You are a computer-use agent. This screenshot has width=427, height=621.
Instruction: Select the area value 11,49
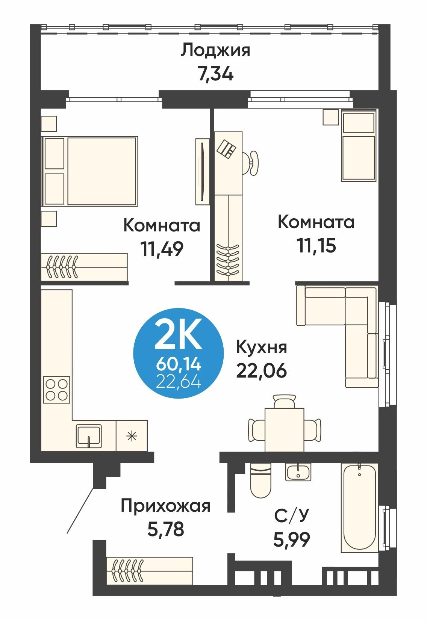(162, 248)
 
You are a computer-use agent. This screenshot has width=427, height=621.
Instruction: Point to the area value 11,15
(316, 246)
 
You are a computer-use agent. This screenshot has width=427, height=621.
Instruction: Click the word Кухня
(261, 348)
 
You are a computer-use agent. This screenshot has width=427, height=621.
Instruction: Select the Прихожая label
(165, 506)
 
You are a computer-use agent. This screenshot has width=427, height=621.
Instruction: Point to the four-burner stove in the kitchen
(57, 389)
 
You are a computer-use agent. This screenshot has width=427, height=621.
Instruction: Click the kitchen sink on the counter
(89, 436)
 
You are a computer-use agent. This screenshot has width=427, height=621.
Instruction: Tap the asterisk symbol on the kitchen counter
(131, 436)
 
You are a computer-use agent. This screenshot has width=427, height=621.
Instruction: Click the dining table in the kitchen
(284, 429)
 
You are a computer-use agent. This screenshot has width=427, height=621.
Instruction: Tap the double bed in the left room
(90, 171)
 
